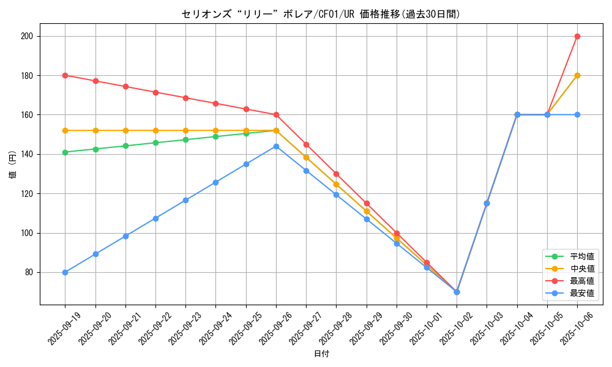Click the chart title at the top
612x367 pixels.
click(321, 14)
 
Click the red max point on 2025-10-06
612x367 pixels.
click(577, 36)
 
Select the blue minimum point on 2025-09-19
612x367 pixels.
click(65, 272)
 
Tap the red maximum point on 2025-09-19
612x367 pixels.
click(65, 75)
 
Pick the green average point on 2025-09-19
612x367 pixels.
click(65, 152)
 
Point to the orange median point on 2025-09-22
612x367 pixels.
click(155, 130)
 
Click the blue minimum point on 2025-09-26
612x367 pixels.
click(276, 146)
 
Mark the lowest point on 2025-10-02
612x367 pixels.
click(457, 292)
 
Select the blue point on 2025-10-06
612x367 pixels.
click(577, 114)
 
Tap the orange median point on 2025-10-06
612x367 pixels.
click(577, 75)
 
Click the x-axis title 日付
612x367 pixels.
click(321, 354)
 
